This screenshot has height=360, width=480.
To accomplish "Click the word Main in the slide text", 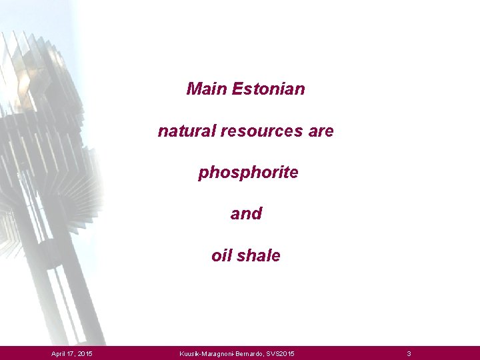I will click(x=207, y=89).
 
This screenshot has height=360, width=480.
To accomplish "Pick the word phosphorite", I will click(x=248, y=173).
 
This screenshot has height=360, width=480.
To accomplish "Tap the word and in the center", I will click(x=246, y=214).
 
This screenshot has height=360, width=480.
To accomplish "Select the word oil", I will click(x=221, y=255).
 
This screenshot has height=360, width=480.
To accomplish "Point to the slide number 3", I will click(x=409, y=353).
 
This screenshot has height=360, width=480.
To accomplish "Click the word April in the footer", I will click(x=59, y=353).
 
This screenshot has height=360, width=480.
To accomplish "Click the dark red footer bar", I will click(x=347, y=353).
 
